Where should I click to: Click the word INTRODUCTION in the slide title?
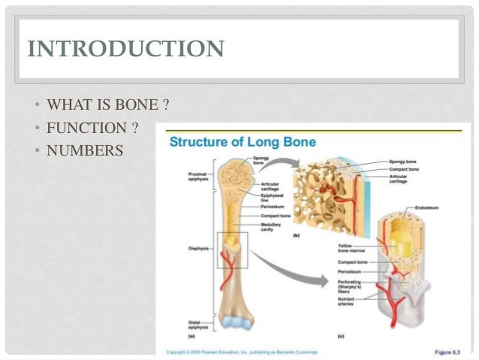(125, 50)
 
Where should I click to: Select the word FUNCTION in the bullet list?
(86, 127)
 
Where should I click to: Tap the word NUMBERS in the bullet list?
(84, 151)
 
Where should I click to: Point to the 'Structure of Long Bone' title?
(243, 142)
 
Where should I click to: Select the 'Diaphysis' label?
(198, 247)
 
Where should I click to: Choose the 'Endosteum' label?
(427, 207)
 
